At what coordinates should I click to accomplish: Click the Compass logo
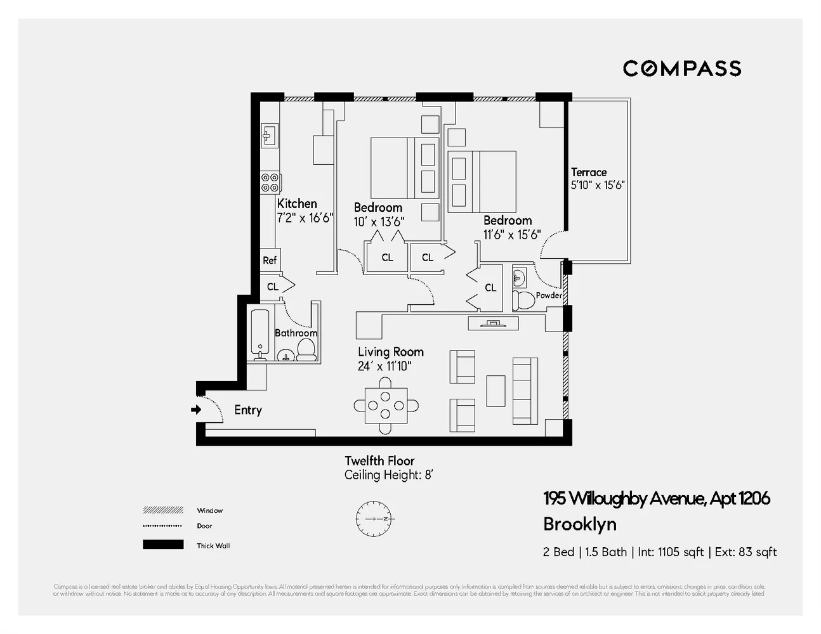tap(681, 68)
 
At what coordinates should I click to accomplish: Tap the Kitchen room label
tap(297, 204)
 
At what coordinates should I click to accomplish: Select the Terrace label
tap(588, 172)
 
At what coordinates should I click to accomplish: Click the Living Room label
tap(390, 352)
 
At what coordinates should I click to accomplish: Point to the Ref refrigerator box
tap(270, 260)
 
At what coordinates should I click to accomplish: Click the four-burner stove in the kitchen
tap(270, 183)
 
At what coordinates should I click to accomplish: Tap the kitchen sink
tap(269, 134)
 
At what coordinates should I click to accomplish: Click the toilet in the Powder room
tap(524, 299)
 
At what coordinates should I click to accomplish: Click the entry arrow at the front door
tap(196, 410)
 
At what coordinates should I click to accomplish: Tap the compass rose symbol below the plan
tap(374, 519)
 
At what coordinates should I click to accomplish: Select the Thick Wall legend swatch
tap(163, 545)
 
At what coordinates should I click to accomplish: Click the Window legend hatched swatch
tap(163, 510)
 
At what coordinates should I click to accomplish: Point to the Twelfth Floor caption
tap(379, 461)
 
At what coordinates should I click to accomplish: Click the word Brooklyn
tap(580, 524)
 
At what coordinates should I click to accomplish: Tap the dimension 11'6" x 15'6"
tap(511, 235)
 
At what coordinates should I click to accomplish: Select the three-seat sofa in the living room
tap(525, 391)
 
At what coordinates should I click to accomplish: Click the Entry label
tap(247, 410)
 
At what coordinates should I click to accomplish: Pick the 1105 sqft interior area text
tap(679, 552)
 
